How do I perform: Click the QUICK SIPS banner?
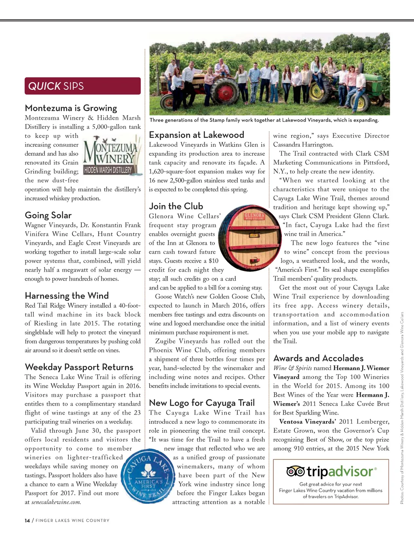[x=82, y=86]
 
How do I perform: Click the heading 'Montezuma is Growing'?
[x=71, y=108]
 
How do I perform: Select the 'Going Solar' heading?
[x=48, y=215]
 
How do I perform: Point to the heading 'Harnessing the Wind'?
[x=67, y=296]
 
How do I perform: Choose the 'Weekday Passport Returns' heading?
[x=79, y=367]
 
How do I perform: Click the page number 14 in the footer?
[x=27, y=520]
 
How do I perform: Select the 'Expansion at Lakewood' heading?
[x=196, y=135]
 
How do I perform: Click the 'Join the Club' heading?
[x=176, y=206]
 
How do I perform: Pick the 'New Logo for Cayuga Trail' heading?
[x=202, y=403]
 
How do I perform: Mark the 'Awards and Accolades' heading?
[x=318, y=358]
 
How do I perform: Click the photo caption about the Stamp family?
[x=264, y=120]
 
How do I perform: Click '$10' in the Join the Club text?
[x=213, y=261]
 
